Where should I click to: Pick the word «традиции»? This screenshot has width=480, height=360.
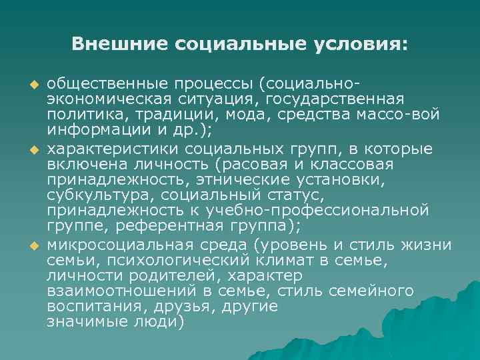tap(155, 114)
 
